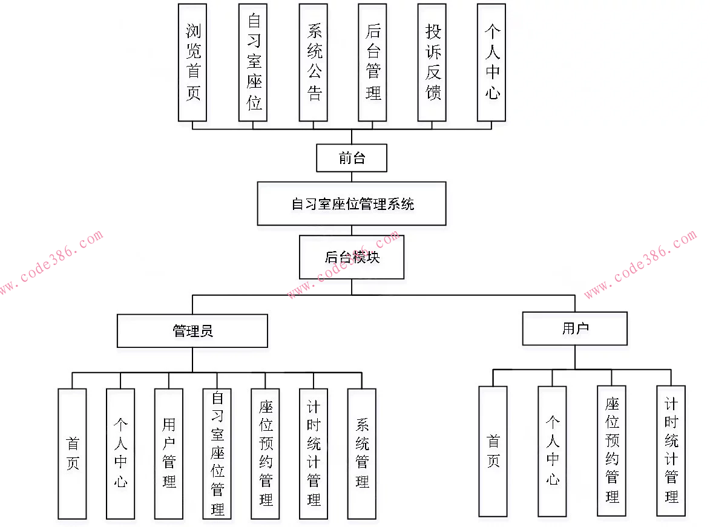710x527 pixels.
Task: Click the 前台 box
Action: coord(352,158)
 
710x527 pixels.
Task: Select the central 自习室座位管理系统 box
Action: coord(352,203)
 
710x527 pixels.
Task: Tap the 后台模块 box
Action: coord(352,257)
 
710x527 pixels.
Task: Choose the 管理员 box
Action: coord(192,330)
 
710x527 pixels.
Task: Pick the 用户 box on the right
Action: coord(575,329)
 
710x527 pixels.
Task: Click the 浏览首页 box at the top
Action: coord(192,62)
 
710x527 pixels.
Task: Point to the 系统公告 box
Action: coord(314,62)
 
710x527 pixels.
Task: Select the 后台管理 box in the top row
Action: coord(372,62)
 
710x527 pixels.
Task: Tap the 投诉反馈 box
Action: coord(432,62)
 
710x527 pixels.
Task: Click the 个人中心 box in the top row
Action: coord(491,62)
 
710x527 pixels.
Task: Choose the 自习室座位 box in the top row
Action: coord(254,62)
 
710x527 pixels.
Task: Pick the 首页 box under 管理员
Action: coord(72,453)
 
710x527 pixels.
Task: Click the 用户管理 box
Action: coord(169,453)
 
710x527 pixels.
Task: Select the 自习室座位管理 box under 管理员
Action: coord(217,453)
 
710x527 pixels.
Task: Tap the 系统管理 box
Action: coord(362,453)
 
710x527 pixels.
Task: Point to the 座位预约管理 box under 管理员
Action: coord(265,453)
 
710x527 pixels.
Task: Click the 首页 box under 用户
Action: coord(493,451)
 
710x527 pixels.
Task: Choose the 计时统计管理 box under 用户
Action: coord(671,451)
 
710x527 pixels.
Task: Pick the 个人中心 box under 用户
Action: coord(552,451)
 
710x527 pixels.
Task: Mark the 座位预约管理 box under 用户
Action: coord(611,451)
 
